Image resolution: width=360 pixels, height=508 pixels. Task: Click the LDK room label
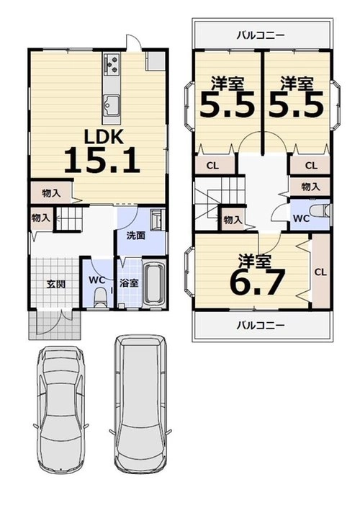(104, 136)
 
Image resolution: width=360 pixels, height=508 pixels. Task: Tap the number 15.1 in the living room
(102, 160)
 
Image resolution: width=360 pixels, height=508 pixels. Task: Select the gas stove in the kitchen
(112, 64)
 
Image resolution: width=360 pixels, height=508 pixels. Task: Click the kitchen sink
(112, 106)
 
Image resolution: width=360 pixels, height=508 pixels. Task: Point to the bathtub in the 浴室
(154, 283)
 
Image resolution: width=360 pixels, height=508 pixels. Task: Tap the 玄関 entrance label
(56, 284)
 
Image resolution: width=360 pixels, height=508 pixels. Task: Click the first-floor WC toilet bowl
(100, 297)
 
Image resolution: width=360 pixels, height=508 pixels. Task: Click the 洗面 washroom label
(135, 236)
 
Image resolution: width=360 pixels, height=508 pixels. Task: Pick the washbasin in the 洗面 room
(158, 220)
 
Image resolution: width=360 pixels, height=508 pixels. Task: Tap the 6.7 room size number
(257, 281)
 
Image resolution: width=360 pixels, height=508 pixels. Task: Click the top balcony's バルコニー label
(261, 35)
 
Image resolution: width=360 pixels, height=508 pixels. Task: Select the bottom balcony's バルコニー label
(261, 325)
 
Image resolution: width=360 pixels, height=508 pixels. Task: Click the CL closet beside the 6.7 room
(320, 272)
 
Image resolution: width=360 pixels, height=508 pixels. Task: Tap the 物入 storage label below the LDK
(51, 193)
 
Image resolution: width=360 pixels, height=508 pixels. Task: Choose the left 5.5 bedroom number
(227, 104)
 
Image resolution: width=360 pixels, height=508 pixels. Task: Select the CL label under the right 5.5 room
(311, 166)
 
